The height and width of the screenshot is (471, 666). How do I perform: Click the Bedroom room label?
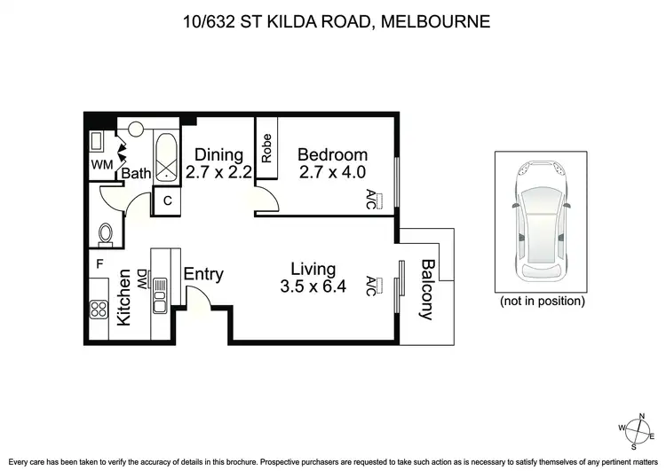[x=331, y=154]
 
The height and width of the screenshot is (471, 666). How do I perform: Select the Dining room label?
[x=218, y=154]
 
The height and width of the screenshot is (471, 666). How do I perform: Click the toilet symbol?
[x=106, y=234]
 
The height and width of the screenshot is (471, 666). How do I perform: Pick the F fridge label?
[x=99, y=263]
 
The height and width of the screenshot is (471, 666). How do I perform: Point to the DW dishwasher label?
[x=142, y=281]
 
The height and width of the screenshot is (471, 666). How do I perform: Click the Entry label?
[x=202, y=275]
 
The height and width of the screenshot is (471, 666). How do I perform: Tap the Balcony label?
[x=428, y=289]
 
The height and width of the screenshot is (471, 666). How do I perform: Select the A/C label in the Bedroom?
[x=370, y=199]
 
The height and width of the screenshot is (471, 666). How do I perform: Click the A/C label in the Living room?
[x=370, y=285]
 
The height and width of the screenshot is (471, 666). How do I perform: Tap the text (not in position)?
[x=542, y=302]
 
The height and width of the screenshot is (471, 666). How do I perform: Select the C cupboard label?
[x=166, y=200]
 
